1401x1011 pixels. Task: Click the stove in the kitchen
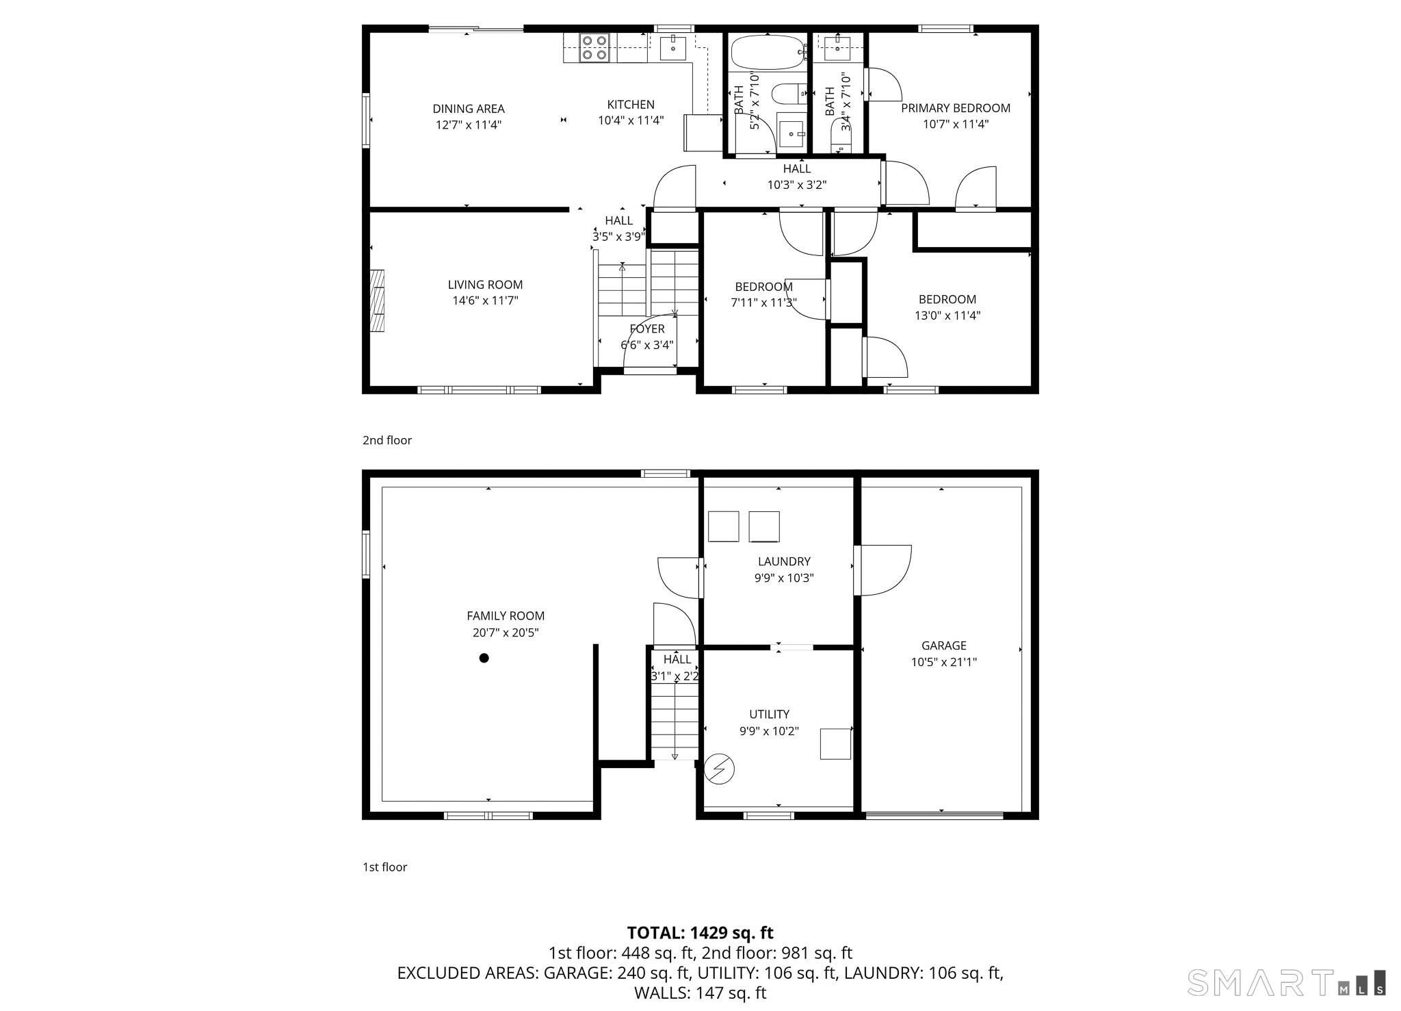click(594, 48)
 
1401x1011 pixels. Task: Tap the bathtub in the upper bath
click(768, 52)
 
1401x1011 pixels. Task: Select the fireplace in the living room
click(377, 300)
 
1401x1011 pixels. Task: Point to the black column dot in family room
click(484, 658)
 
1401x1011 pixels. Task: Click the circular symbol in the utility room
click(719, 769)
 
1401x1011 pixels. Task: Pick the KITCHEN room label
click(631, 105)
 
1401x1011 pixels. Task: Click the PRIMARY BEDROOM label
click(956, 108)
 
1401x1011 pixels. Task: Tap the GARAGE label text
click(944, 645)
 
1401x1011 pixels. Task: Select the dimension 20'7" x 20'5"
click(506, 633)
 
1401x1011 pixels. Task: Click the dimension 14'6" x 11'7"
click(486, 300)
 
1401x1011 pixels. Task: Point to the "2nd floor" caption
click(387, 440)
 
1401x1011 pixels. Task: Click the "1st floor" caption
click(384, 867)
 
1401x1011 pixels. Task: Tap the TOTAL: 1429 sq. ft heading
click(700, 933)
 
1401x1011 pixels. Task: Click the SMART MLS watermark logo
click(1287, 982)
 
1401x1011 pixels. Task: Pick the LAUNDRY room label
click(784, 561)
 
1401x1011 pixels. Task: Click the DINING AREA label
click(469, 109)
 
